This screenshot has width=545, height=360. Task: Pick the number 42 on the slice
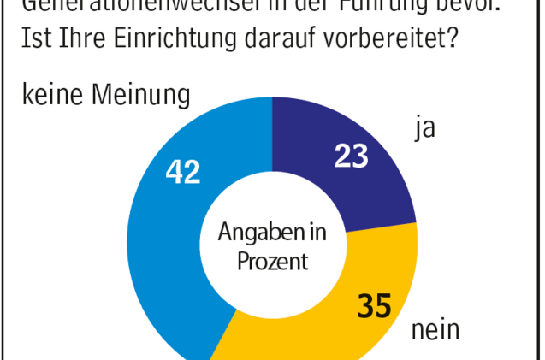coord(182,172)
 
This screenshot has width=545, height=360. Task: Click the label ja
coord(420,129)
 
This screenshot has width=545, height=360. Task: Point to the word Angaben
coord(255,233)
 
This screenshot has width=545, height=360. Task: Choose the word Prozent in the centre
coord(272,261)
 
